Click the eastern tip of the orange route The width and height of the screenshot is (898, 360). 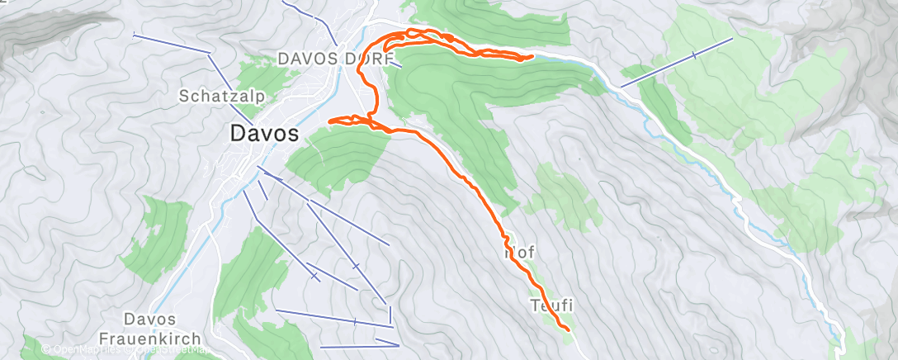pyautogui.click(x=532, y=56)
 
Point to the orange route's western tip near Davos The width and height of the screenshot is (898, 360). pyautogui.click(x=331, y=121)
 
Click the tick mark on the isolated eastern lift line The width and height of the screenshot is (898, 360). pyautogui.click(x=694, y=55)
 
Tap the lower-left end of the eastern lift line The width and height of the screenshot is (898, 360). pyautogui.click(x=622, y=85)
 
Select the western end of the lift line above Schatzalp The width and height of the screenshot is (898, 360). pyautogui.click(x=135, y=34)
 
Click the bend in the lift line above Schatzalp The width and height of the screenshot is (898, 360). pyautogui.click(x=210, y=54)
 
